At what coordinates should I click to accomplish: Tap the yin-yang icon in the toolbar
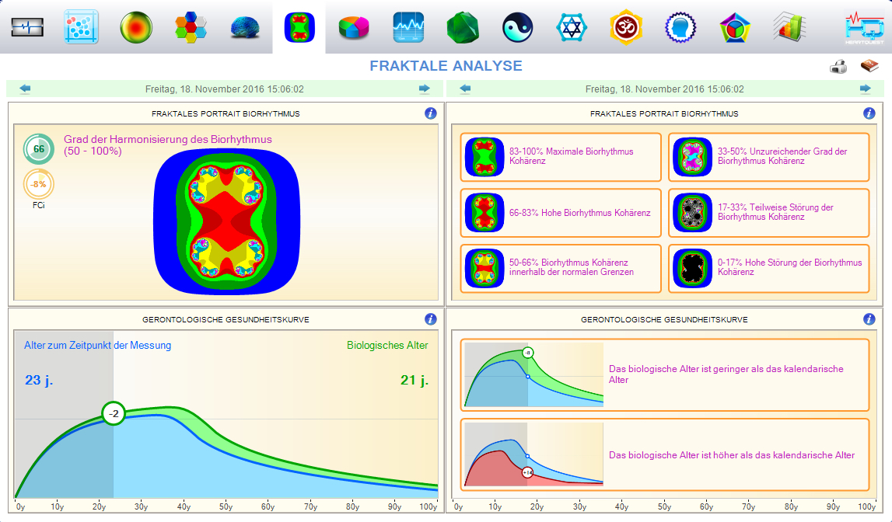point(517,28)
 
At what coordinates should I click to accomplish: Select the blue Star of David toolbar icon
point(572,28)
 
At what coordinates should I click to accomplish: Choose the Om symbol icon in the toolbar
point(626,28)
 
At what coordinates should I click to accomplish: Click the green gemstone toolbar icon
point(462,28)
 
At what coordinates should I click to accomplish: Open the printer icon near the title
point(838,67)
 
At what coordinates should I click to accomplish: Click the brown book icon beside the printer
point(869,67)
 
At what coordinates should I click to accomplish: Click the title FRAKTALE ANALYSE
point(446,66)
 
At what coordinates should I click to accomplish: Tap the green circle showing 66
point(38,148)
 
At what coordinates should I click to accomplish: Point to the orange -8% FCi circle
point(38,185)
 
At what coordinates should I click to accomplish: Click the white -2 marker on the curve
point(114,413)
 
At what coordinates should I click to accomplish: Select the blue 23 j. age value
point(38,381)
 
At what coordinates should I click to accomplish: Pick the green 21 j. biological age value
point(415,381)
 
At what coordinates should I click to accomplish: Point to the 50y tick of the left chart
point(225,507)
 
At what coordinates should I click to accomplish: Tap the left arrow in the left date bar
point(25,89)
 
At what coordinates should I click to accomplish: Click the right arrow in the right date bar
point(865,89)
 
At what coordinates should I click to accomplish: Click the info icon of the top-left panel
point(430,113)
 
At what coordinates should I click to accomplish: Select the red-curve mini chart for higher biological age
point(533,455)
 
